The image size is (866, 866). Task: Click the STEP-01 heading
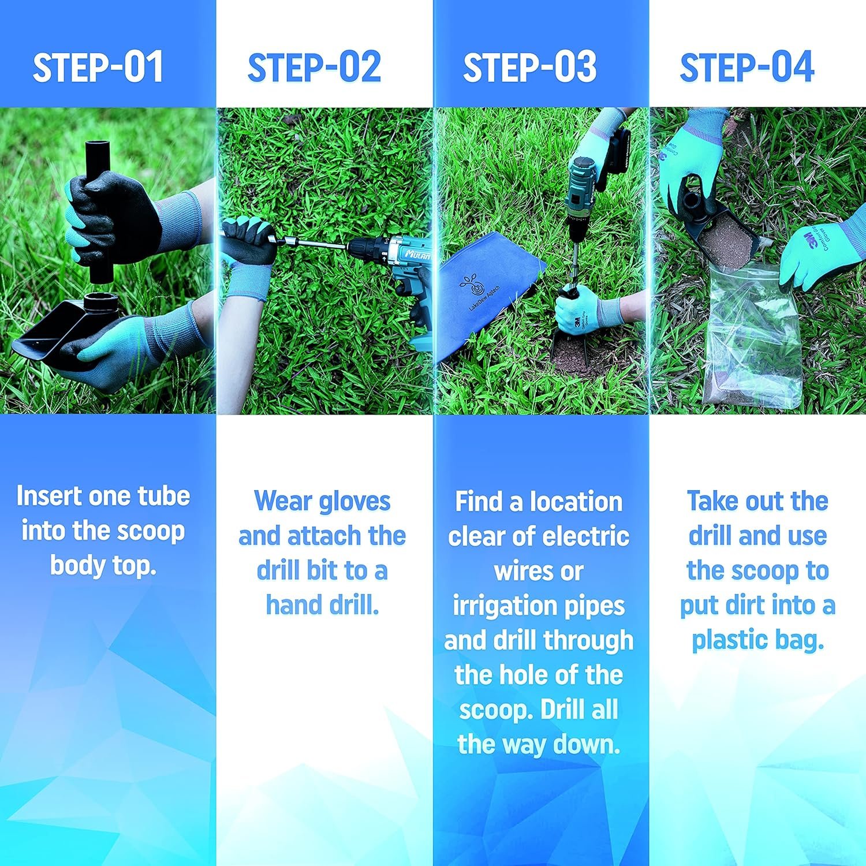click(98, 68)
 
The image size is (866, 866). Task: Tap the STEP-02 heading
click(315, 68)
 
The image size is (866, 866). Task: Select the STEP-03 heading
click(530, 68)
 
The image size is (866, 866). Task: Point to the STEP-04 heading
click(747, 68)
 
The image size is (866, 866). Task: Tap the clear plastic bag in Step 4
click(753, 335)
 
